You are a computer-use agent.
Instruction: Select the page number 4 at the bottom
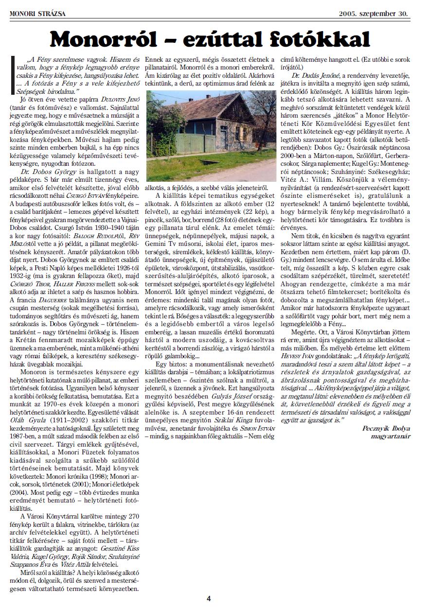pos(209,598)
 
